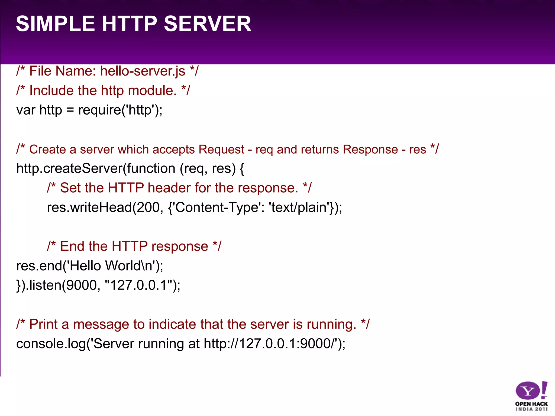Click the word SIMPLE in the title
55,24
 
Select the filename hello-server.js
143,71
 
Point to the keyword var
26,110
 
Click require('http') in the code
118,110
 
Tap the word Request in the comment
221,149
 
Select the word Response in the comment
370,149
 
